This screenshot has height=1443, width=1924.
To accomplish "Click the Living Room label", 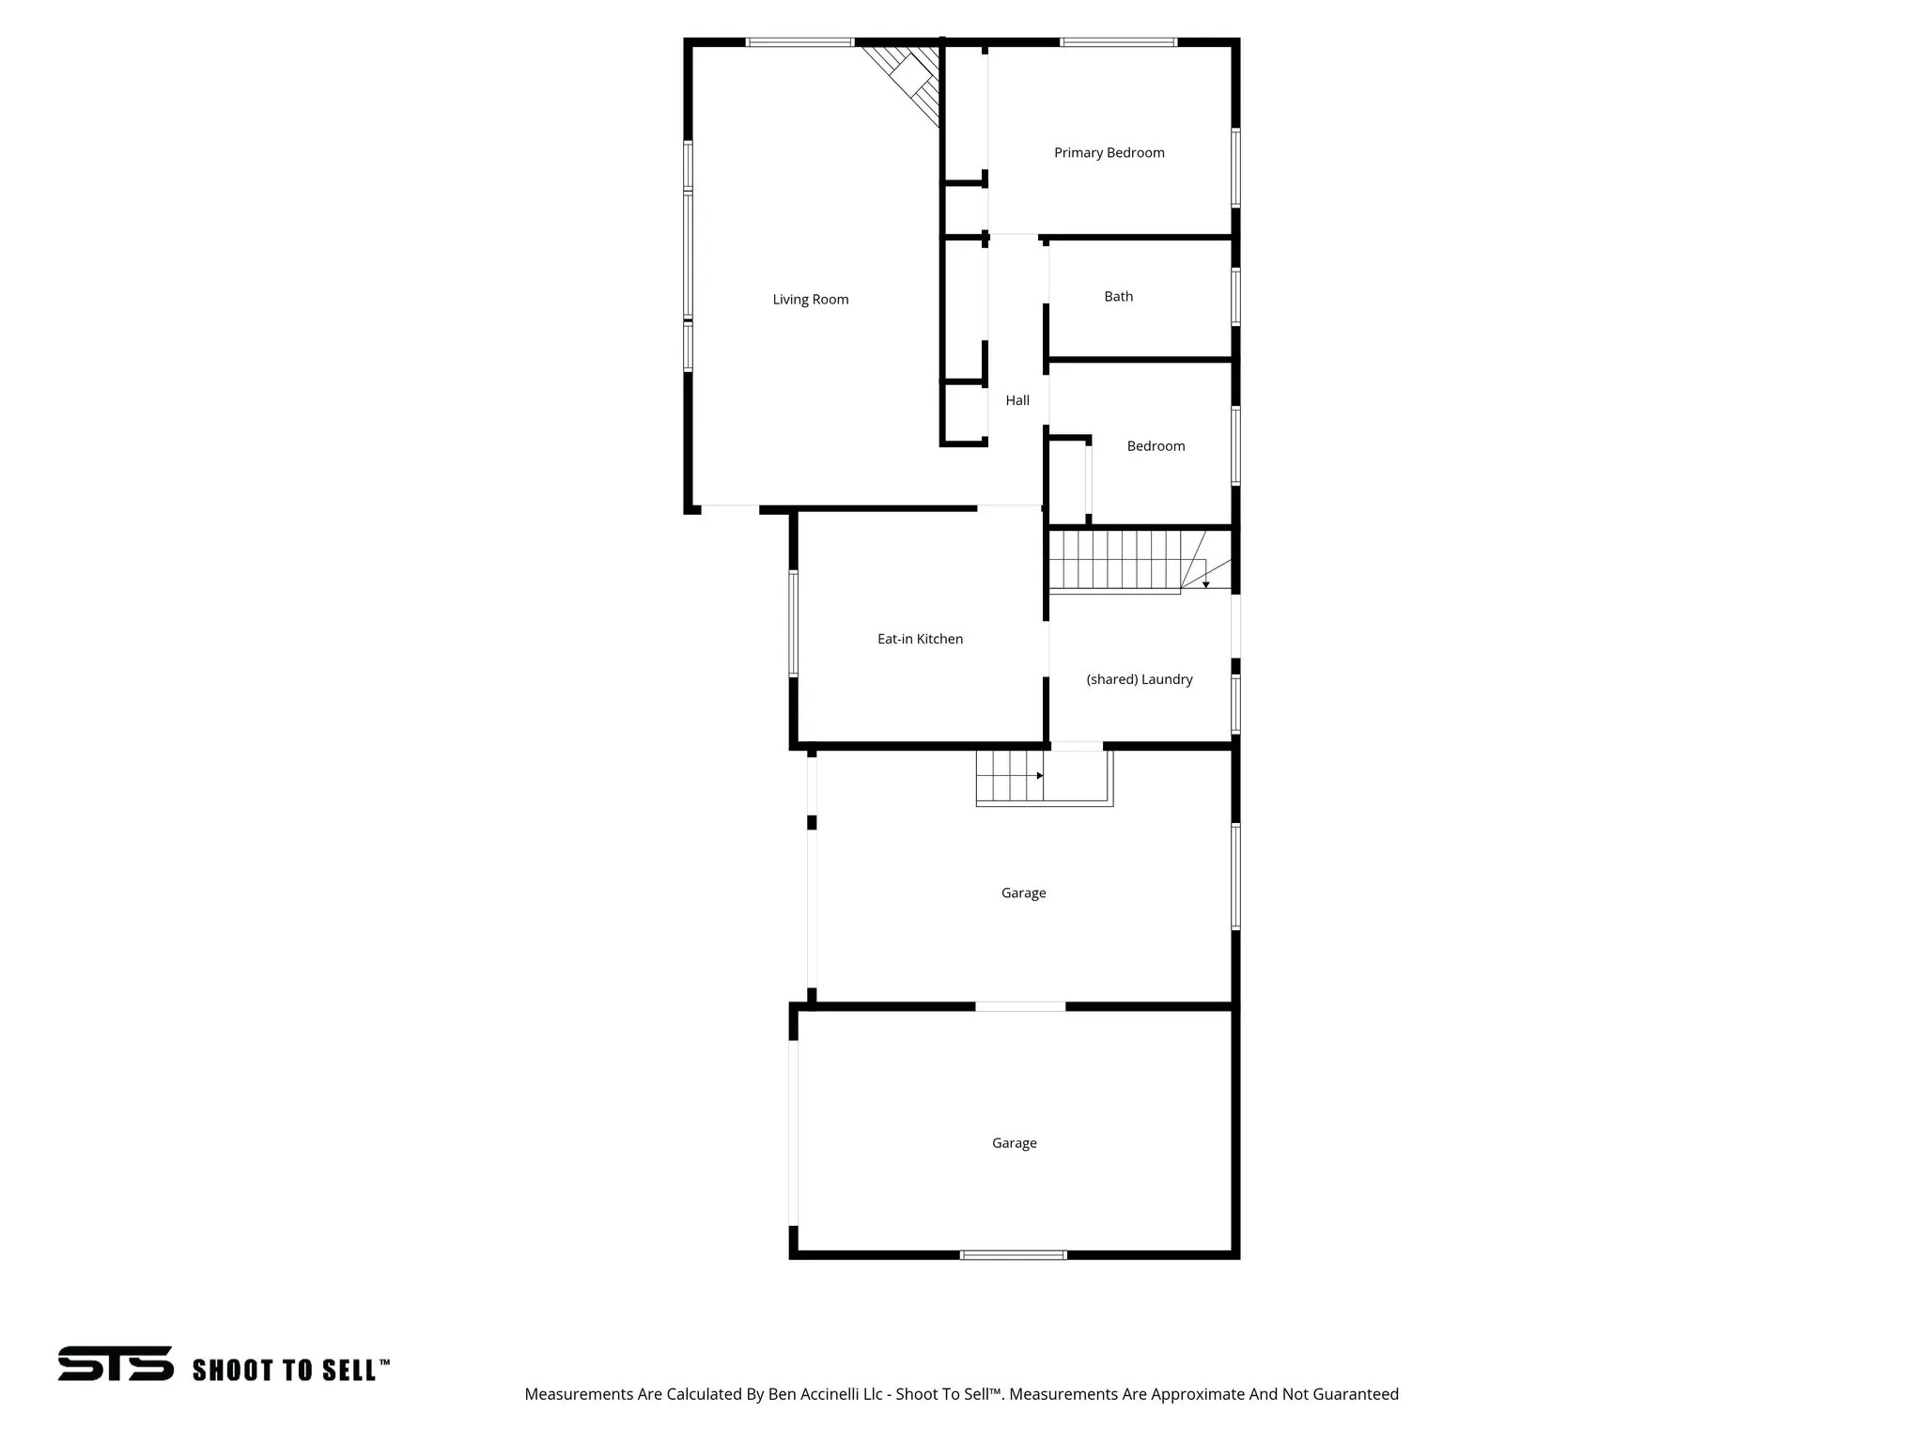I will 810,300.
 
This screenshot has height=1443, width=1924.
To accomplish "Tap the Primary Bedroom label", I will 1109,153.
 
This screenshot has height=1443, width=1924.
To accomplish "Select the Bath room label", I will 1118,297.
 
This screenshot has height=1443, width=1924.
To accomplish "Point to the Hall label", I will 1017,401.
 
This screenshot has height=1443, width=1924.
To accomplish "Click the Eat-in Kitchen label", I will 920,639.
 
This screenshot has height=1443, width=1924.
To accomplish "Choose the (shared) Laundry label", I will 1139,679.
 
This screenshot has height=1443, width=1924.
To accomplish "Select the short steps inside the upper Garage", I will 1010,777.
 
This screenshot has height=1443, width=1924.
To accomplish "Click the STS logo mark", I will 116,1363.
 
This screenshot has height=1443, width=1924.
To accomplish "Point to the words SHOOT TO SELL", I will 286,1371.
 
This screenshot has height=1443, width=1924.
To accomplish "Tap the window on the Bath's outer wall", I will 1235,297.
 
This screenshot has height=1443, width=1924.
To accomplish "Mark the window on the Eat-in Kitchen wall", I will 794,623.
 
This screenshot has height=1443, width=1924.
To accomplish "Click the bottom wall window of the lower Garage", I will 1013,1254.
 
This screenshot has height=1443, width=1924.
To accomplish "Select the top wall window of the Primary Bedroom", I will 1118,42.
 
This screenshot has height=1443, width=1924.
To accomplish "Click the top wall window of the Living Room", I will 799,42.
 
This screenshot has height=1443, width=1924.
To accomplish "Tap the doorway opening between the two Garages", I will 1020,1006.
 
